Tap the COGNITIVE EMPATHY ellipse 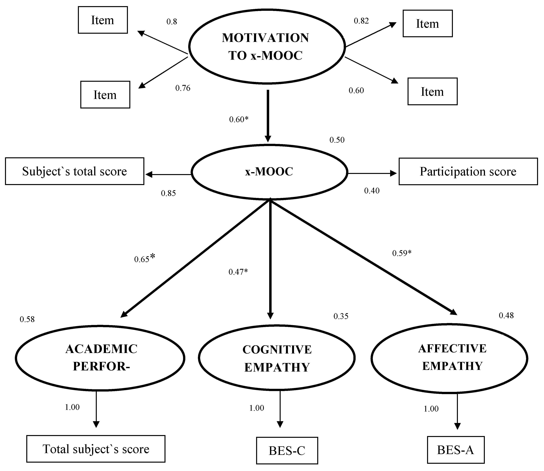click(277, 358)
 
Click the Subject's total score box click(74, 171)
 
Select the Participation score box click(468, 171)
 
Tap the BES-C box click(287, 451)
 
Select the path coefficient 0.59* click(401, 253)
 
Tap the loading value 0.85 click(168, 193)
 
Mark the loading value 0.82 click(361, 21)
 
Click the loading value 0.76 click(183, 88)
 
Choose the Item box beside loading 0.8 click(103, 20)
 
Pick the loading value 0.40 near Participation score click(372, 191)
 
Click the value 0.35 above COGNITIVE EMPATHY click(341, 316)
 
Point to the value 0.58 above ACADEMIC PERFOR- click(27, 319)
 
